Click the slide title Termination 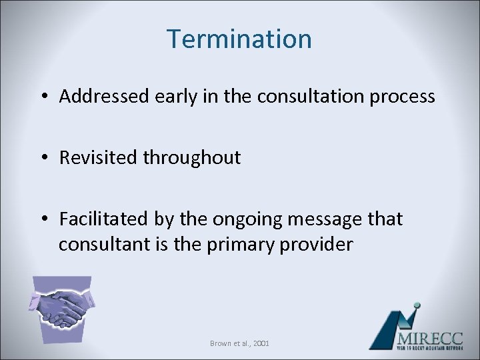tap(239, 39)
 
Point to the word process tap(404, 97)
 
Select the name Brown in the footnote tap(220, 343)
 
